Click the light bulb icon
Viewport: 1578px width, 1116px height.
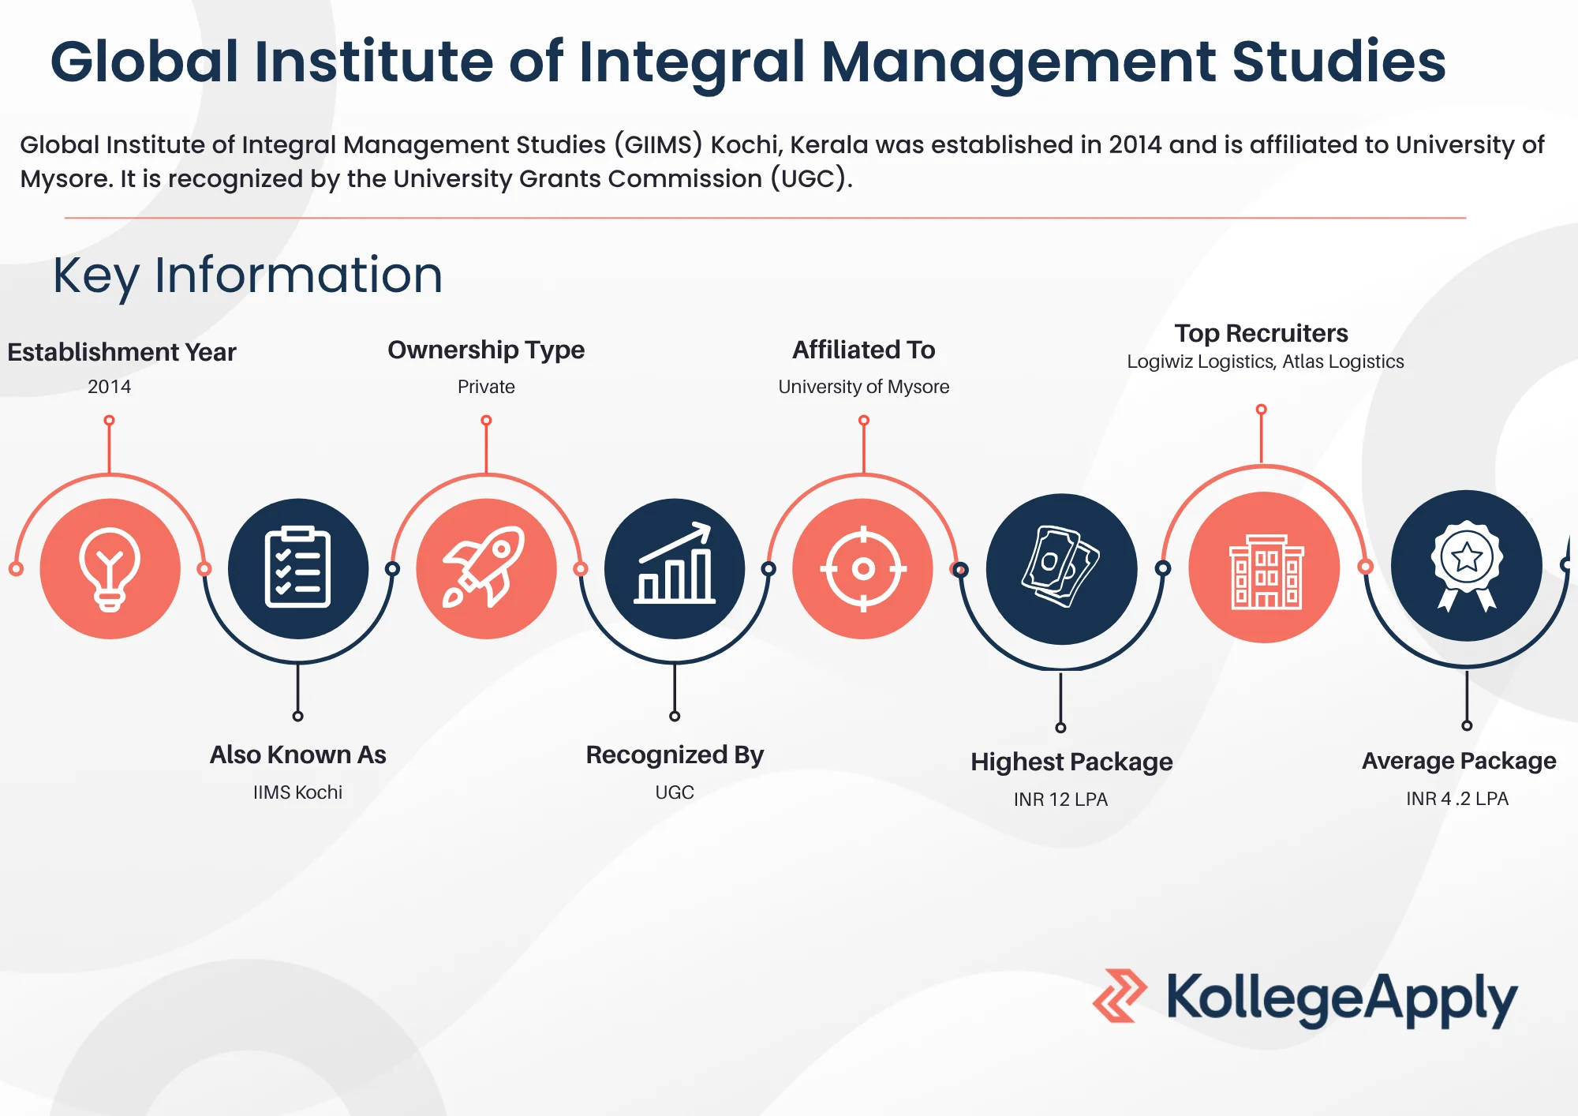point(110,569)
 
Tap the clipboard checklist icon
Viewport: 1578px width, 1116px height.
point(297,567)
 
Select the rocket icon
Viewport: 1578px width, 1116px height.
point(484,567)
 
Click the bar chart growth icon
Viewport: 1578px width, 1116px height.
point(675,564)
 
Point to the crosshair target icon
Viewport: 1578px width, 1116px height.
point(863,568)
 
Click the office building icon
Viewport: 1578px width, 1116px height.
point(1266,571)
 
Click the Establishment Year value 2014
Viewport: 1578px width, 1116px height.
point(109,387)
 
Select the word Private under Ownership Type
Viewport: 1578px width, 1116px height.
point(486,387)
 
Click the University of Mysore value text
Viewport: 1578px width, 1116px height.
point(863,387)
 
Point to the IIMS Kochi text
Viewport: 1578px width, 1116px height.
point(297,792)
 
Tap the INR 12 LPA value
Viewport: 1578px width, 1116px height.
point(1060,800)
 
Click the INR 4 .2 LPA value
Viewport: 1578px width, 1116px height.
point(1456,799)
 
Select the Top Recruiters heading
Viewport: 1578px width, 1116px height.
point(1261,333)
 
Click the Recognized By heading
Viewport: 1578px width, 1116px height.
point(675,755)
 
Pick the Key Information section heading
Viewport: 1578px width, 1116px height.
point(248,276)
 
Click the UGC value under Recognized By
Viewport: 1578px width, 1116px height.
point(675,792)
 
